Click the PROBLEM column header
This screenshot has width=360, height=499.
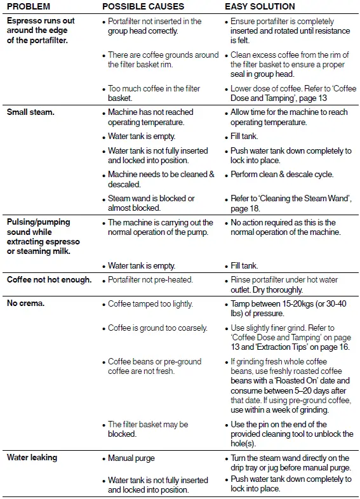[29, 6]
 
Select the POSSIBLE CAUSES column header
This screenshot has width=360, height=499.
[143, 6]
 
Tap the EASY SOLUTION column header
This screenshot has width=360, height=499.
[260, 6]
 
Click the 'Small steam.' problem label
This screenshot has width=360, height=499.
[30, 112]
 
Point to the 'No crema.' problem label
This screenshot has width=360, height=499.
[25, 304]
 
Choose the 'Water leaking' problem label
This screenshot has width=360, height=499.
[32, 458]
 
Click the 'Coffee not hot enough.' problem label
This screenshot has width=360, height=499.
[49, 280]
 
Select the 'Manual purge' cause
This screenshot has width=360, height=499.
[131, 458]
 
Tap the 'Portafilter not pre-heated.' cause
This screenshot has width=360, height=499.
[150, 280]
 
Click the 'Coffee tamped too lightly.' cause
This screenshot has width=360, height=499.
[150, 304]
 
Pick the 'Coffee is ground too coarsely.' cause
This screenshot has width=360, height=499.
[157, 328]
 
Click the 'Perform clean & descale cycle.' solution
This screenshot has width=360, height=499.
[282, 175]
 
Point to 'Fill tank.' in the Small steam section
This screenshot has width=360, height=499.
[244, 136]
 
